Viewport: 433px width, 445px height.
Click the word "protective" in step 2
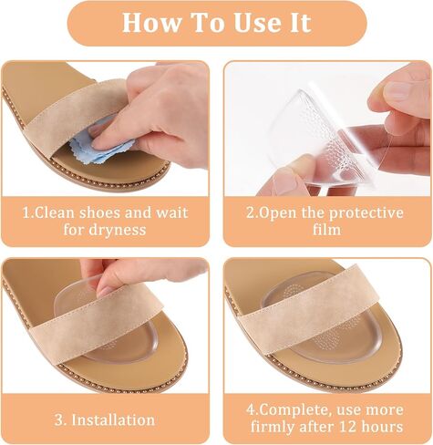(x=366, y=213)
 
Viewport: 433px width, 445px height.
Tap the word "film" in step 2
(x=327, y=230)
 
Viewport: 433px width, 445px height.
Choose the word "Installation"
(x=113, y=420)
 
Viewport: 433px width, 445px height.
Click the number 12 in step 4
(x=343, y=427)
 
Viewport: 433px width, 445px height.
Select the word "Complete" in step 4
(x=294, y=410)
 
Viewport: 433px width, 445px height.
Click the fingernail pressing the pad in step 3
(x=106, y=291)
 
